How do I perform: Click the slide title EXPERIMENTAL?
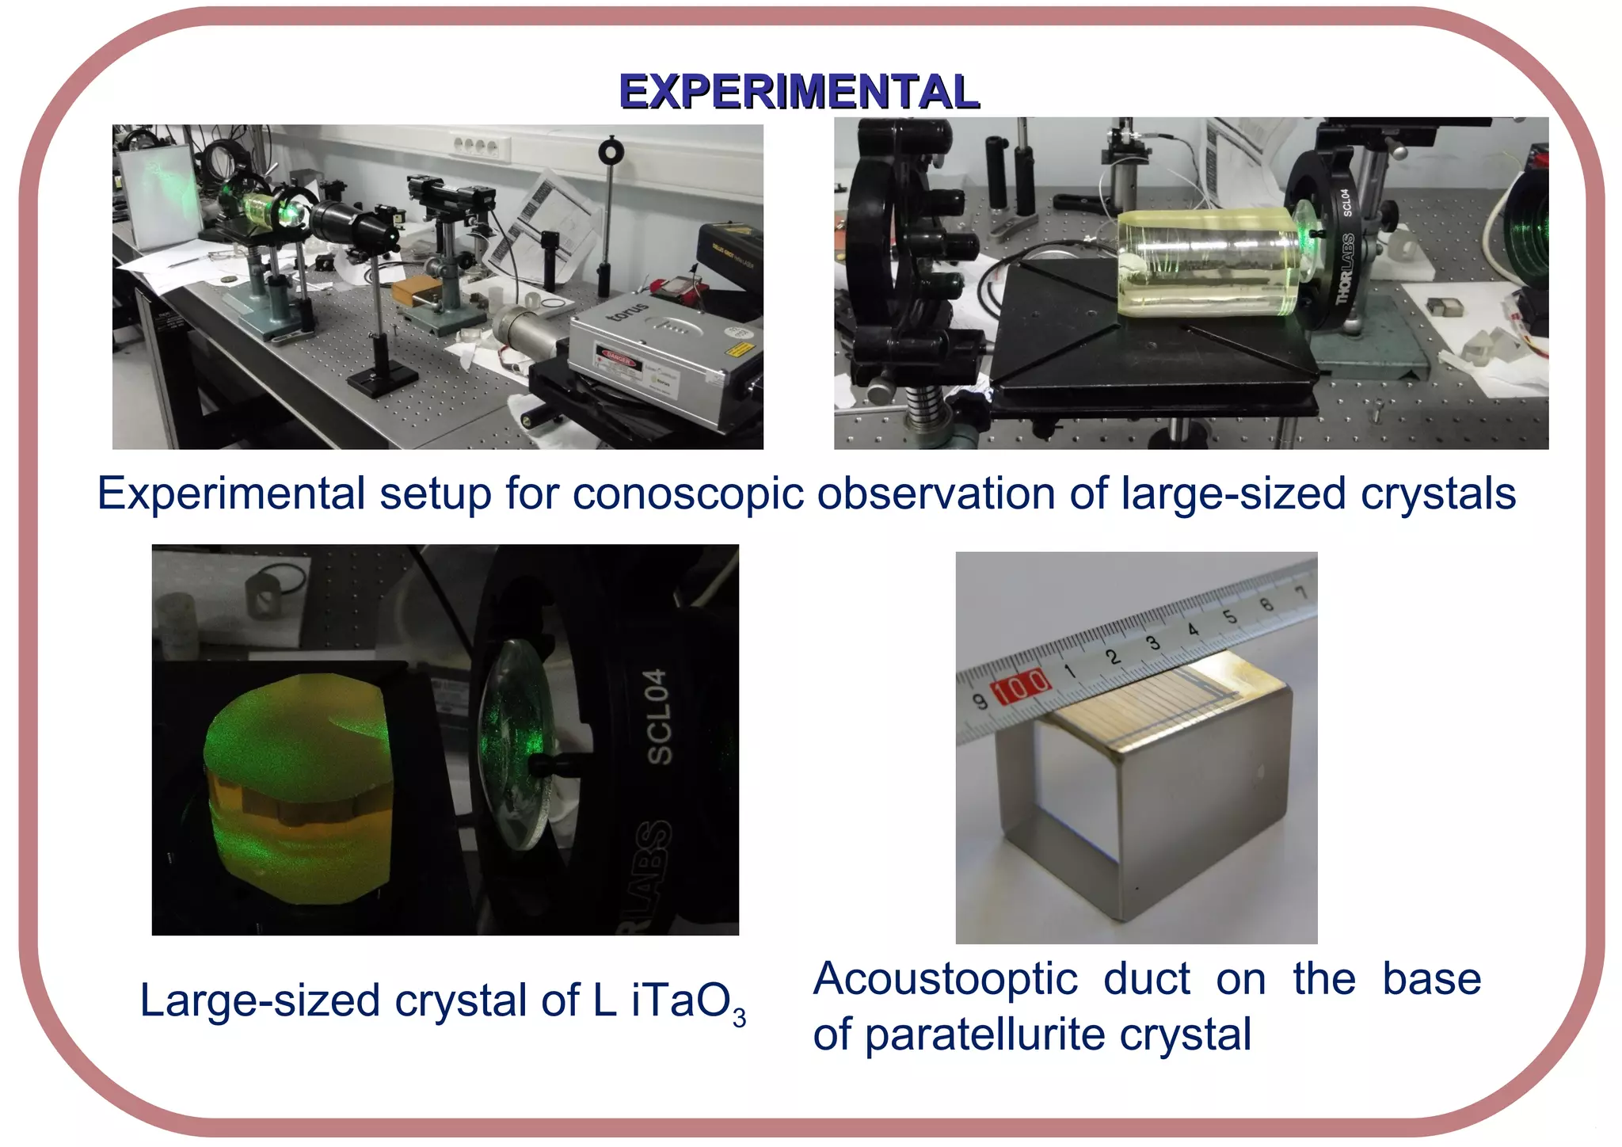click(x=799, y=91)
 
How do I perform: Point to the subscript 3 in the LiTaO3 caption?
click(x=739, y=1017)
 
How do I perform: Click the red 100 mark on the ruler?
click(x=1022, y=686)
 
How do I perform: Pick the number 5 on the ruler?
click(x=1229, y=617)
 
